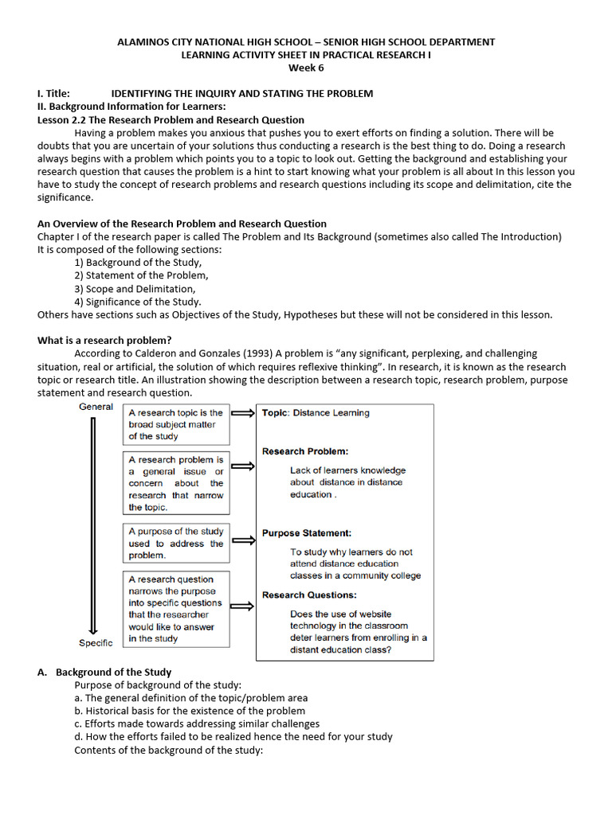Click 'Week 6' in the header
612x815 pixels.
point(306,68)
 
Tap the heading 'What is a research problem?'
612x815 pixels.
point(104,340)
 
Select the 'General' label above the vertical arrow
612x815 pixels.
point(96,407)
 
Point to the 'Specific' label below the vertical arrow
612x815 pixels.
point(96,642)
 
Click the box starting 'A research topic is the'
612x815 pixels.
point(176,424)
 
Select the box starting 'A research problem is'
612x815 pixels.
point(176,483)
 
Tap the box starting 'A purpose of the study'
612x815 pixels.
point(176,543)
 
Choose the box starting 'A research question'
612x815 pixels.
point(176,609)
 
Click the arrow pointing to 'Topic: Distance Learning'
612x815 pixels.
point(242,413)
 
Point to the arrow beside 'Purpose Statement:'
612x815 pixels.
point(242,540)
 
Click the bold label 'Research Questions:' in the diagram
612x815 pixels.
point(309,595)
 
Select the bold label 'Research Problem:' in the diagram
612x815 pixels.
point(305,451)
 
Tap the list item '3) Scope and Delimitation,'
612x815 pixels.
point(135,289)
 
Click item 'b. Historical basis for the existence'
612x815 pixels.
point(190,711)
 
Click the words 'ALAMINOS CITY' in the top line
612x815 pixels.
point(153,42)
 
